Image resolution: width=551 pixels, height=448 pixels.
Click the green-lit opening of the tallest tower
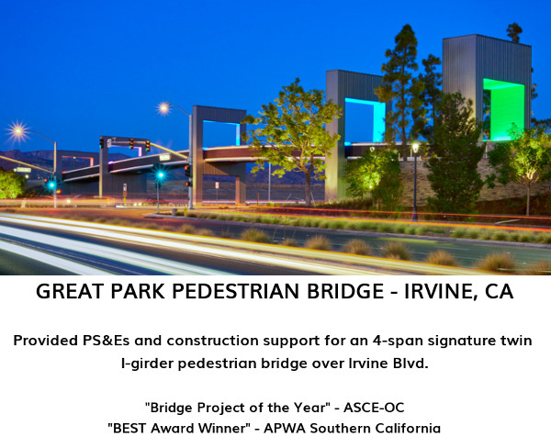point(504,110)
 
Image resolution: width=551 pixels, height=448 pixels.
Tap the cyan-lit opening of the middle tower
point(365,120)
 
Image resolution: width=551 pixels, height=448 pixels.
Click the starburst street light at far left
point(17,131)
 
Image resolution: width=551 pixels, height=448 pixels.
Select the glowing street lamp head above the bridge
point(163,108)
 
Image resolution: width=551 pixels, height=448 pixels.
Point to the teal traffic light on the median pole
point(161,174)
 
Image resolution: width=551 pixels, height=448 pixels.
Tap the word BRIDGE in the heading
point(345,291)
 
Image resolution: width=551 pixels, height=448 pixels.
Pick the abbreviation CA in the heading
point(500,291)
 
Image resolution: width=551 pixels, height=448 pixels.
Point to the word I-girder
point(147,364)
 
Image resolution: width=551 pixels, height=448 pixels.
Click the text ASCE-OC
point(374,408)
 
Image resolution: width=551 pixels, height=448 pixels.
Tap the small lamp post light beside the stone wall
point(415,148)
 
